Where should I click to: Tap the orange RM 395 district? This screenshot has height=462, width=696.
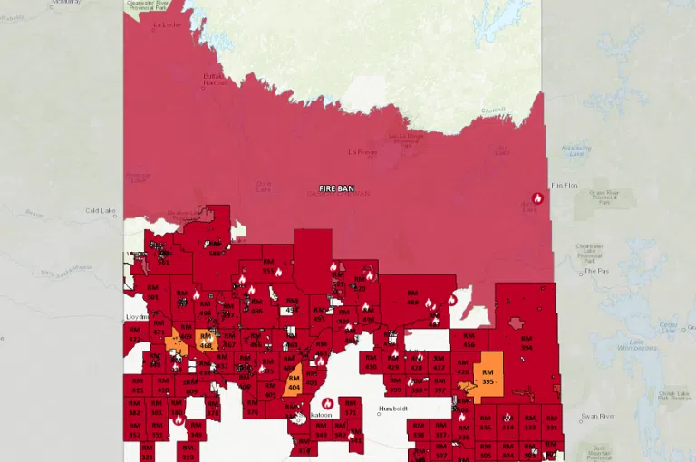488,376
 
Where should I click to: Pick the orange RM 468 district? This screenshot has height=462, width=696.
206,342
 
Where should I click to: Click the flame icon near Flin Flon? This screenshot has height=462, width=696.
537,198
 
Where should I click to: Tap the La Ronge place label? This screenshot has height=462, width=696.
362,152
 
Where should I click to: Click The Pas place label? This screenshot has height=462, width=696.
595,270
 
